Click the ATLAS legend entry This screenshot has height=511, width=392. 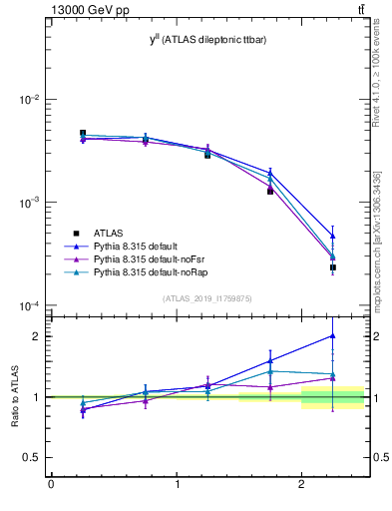tap(109, 232)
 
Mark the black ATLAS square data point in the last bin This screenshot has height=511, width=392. tap(332, 267)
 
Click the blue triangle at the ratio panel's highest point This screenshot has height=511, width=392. tap(332, 336)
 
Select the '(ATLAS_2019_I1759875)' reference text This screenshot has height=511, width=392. tap(206, 297)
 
